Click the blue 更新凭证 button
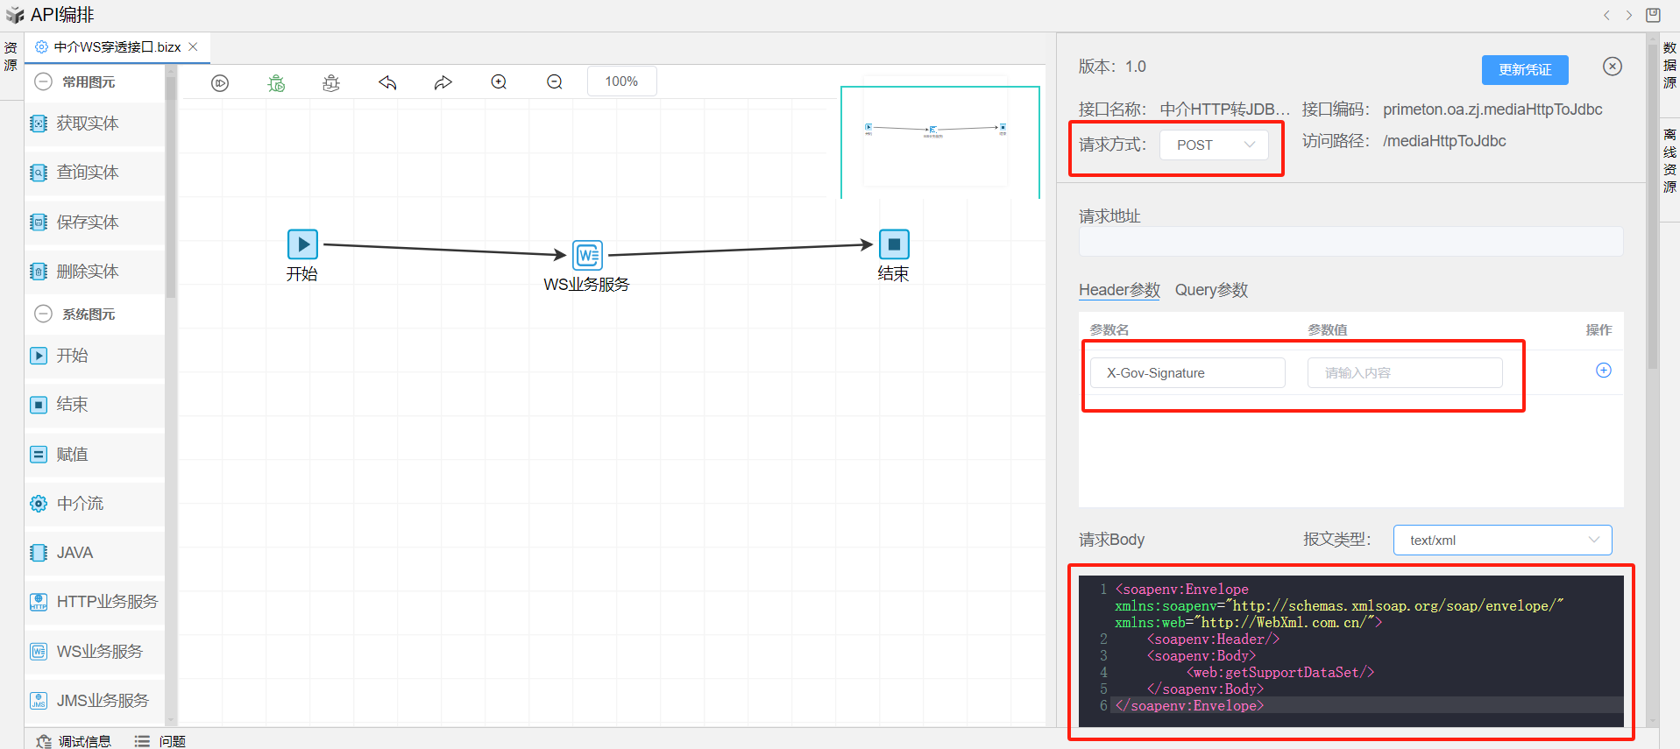[1524, 70]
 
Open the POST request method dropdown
[1214, 145]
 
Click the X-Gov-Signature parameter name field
[1187, 373]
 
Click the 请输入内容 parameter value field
[1404, 373]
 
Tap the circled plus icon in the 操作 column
[1603, 371]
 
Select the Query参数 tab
[1210, 290]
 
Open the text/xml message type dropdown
[1502, 541]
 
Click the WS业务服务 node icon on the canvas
[587, 255]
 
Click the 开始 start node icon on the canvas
[302, 244]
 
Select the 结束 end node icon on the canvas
[894, 244]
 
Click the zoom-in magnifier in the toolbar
[499, 82]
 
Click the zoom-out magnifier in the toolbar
[555, 82]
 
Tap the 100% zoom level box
[621, 81]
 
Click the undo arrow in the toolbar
[387, 82]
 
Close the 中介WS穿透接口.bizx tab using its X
[194, 47]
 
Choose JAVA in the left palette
[74, 553]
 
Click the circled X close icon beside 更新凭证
[1612, 67]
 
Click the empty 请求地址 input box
[1350, 242]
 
